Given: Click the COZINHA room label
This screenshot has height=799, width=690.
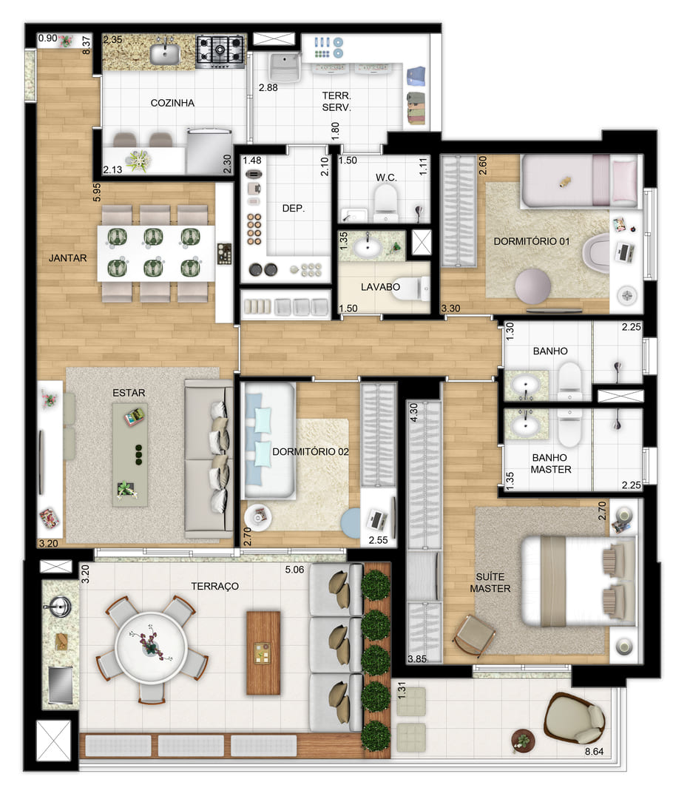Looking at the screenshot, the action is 172,103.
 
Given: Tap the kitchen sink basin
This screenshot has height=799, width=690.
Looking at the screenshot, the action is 164,54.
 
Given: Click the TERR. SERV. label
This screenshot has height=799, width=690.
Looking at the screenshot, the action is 336,101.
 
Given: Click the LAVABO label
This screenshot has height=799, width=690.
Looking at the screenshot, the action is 380,287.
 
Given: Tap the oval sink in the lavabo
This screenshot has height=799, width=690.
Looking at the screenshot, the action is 368,248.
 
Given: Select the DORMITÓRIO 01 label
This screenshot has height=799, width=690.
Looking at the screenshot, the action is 531,241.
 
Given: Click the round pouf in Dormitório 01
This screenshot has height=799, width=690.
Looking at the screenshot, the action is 532,286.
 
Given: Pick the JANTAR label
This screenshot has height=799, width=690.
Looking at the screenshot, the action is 67,258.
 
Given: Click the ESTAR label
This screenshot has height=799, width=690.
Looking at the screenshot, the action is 129,392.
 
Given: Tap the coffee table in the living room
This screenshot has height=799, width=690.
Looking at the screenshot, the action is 130,454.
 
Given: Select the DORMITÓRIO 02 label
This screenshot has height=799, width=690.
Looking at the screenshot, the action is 311,451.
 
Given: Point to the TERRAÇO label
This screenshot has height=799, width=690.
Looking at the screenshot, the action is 214,586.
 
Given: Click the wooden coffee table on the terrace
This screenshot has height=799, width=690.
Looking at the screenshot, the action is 263,653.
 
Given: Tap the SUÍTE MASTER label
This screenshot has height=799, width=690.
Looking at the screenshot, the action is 490,582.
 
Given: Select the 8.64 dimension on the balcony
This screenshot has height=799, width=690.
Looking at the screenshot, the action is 594,751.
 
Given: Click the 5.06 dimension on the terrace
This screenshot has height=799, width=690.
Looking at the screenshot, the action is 294,570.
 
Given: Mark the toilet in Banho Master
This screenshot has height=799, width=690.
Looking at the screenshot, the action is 569,428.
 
